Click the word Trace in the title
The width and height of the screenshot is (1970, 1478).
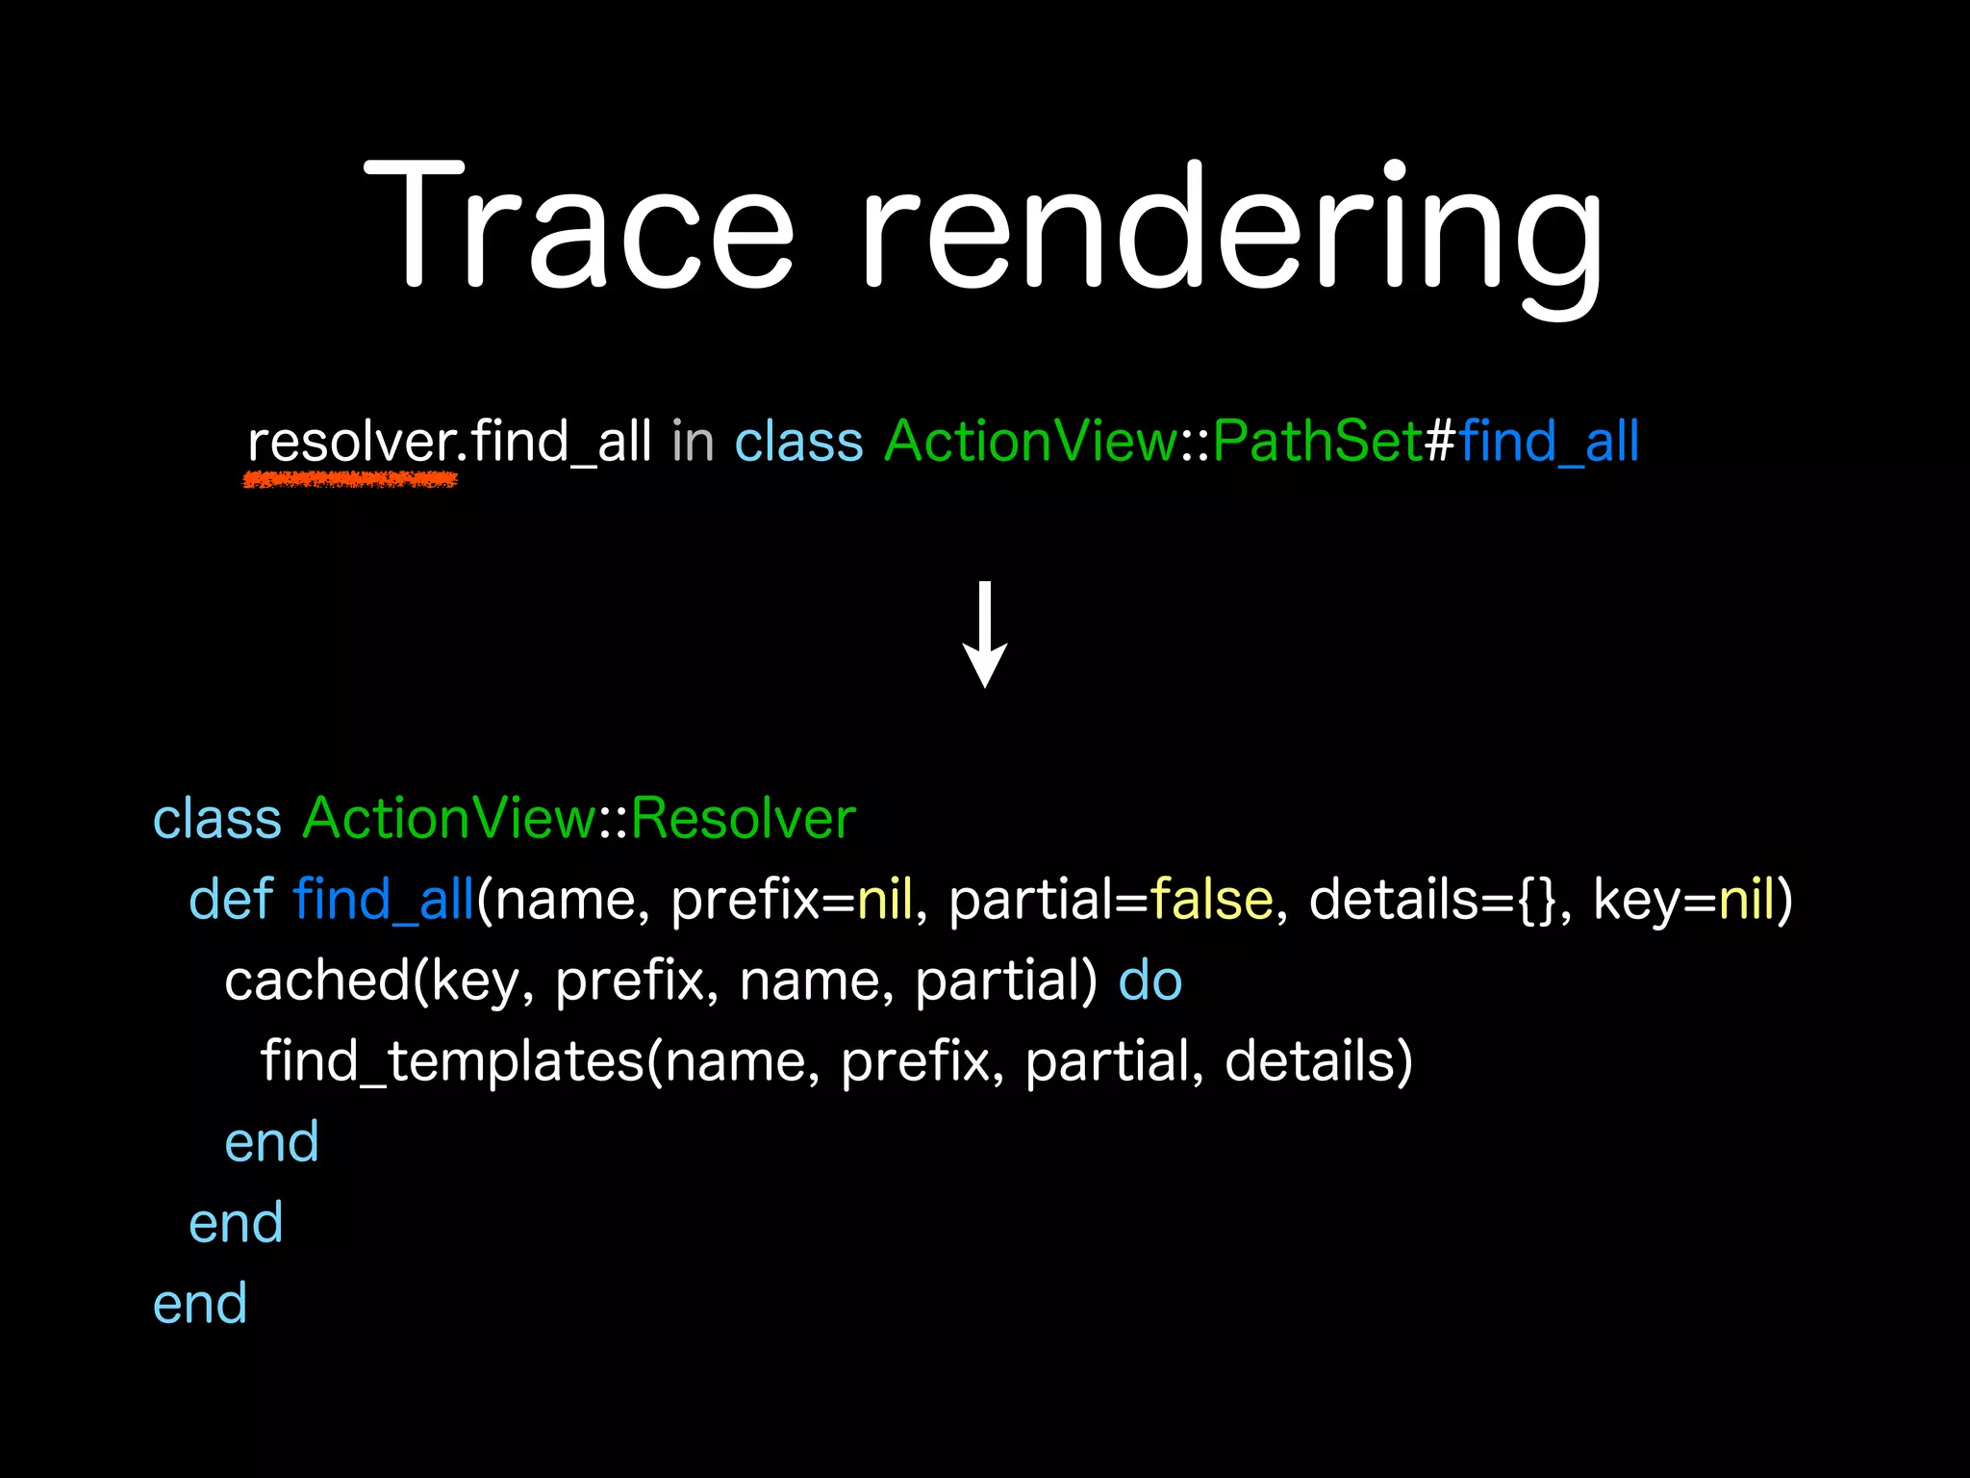tap(577, 226)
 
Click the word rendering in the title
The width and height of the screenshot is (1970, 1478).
tap(1231, 231)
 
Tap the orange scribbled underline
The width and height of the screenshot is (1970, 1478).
tap(350, 478)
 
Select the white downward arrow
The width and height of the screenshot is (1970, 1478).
tap(985, 635)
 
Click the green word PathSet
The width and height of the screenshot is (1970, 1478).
tap(1316, 443)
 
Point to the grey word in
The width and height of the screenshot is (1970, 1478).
tap(693, 443)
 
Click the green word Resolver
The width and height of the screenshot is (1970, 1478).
tap(743, 820)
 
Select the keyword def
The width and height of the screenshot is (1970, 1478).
tap(231, 901)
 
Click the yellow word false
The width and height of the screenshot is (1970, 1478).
tap(1210, 901)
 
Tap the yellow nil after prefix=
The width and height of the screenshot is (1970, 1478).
tap(884, 901)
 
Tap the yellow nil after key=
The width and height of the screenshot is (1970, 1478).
tap(1745, 901)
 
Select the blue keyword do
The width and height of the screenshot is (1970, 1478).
tap(1150, 981)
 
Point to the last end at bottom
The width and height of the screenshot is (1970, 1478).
tap(200, 1305)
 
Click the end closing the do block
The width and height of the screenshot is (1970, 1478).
tap(271, 1143)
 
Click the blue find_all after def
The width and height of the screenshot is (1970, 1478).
tap(383, 901)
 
